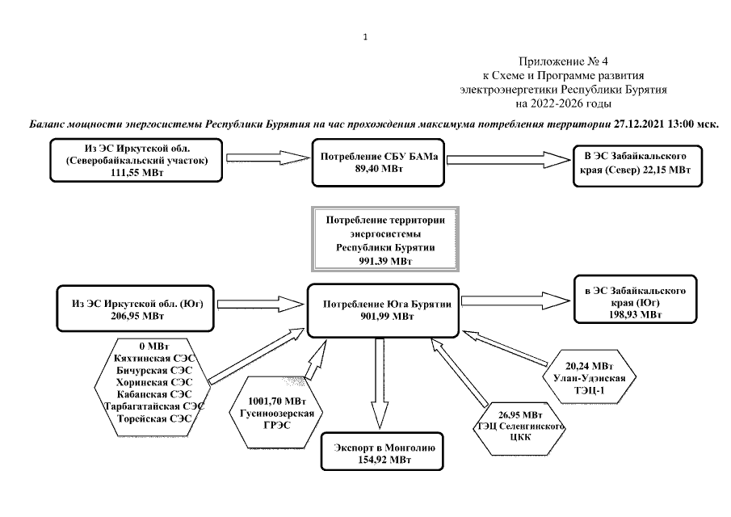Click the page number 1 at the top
(366, 36)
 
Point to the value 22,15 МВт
(662, 170)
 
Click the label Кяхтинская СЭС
(153, 358)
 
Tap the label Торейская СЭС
(153, 420)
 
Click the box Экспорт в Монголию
(379, 452)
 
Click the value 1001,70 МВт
(277, 401)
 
